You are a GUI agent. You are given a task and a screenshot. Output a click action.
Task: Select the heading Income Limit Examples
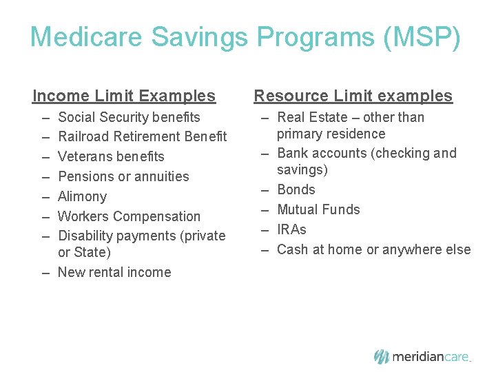pos(124,96)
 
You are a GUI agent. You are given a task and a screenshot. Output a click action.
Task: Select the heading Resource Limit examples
pos(353,96)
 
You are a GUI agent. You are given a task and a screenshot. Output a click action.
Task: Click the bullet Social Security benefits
pos(129,117)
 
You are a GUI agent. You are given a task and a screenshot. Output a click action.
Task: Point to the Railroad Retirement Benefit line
pos(142,136)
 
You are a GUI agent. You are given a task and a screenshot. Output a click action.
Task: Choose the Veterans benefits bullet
pos(111,156)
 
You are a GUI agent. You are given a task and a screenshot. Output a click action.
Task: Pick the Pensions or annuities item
pos(123,176)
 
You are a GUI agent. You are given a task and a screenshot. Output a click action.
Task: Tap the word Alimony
pos(82,196)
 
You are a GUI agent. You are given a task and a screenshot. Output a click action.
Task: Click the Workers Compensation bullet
pos(129,216)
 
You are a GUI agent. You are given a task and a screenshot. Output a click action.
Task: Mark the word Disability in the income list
pos(86,236)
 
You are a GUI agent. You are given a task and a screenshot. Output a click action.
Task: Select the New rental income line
pos(114,272)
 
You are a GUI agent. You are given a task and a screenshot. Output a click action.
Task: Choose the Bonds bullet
pos(296,189)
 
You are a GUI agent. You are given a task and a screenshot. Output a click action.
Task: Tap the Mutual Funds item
pos(318,209)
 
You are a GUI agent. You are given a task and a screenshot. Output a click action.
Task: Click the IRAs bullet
pos(291,229)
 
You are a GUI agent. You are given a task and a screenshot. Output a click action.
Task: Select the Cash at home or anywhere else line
pos(373,249)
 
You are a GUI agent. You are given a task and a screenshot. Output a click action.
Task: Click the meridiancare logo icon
pos(382,356)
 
